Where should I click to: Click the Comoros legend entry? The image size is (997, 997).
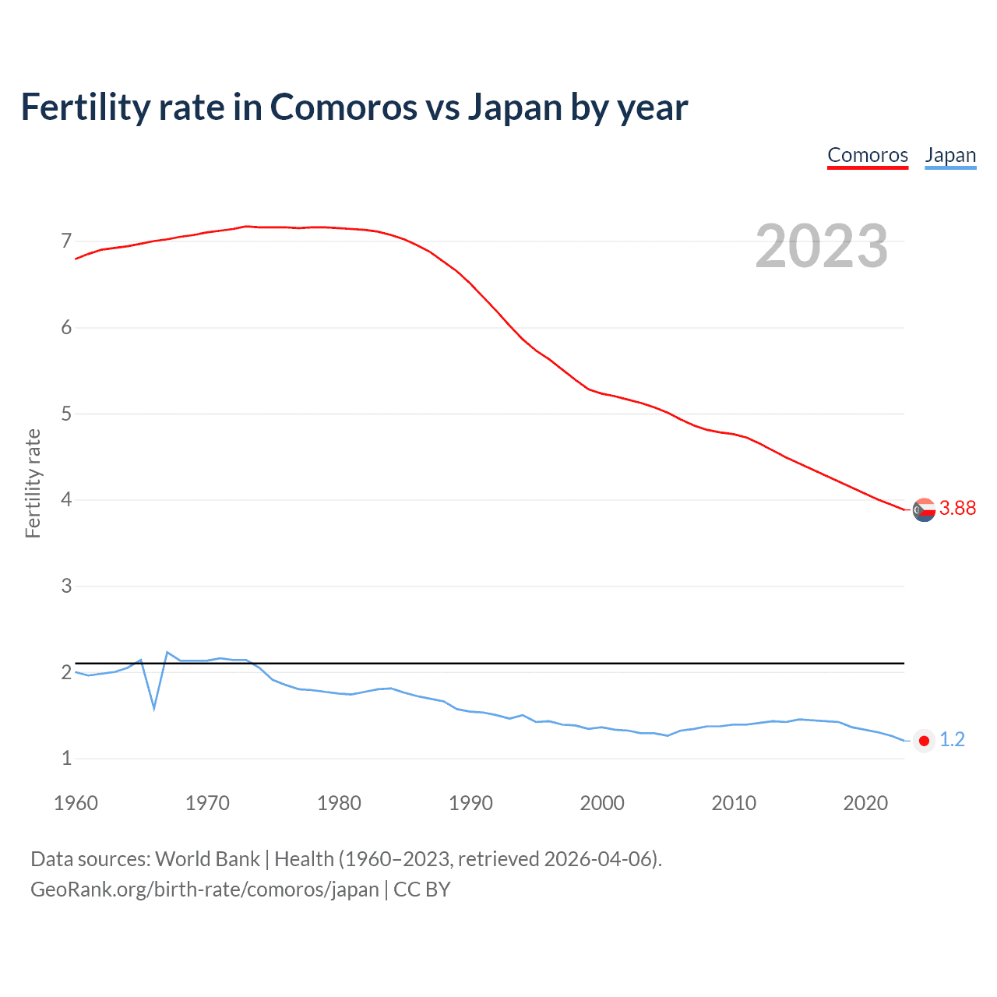(867, 155)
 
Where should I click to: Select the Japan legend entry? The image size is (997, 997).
(950, 155)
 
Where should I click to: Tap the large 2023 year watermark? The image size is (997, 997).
(822, 246)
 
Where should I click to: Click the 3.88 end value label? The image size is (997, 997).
(957, 508)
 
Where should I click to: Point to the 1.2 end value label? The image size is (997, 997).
(952, 740)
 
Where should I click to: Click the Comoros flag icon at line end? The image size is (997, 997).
(924, 509)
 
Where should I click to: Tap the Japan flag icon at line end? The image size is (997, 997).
(924, 741)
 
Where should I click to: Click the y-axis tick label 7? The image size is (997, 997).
(66, 241)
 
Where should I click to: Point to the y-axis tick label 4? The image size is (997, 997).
(66, 499)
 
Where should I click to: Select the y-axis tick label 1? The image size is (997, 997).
(66, 758)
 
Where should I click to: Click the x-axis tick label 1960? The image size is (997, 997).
(76, 803)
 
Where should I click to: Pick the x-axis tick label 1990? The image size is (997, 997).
(470, 803)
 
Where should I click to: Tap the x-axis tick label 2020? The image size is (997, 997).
(865, 803)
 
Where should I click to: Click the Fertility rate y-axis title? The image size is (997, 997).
(33, 483)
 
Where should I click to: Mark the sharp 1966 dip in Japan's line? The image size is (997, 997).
(154, 707)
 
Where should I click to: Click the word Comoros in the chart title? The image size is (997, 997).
(343, 107)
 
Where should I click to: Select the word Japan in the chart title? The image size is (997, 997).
(515, 107)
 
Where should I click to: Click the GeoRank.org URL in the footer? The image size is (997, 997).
(205, 889)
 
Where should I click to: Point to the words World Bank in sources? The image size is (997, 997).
(207, 858)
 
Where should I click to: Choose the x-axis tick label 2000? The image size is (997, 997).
(602, 803)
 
